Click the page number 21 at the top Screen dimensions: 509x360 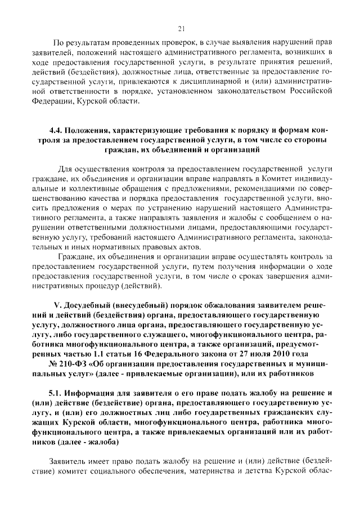pos(181,29)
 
